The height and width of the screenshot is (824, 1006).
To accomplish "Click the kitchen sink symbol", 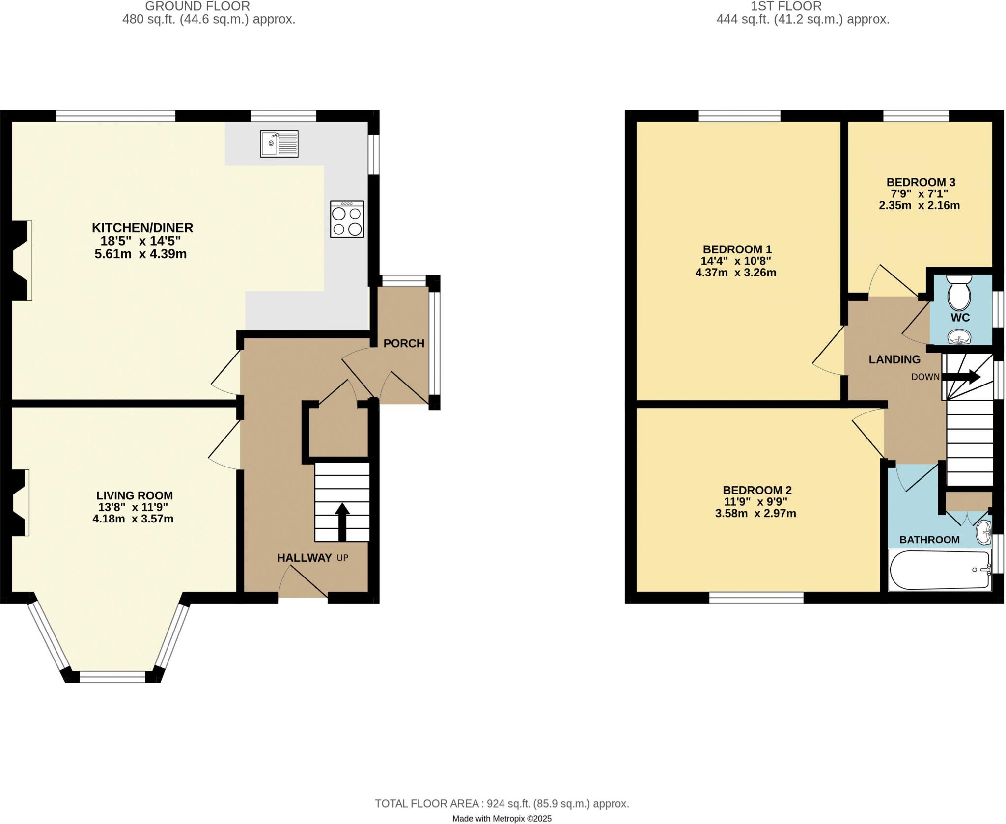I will tap(279, 144).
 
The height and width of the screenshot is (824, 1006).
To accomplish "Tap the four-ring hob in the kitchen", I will tap(347, 219).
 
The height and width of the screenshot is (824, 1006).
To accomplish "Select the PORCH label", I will tap(404, 343).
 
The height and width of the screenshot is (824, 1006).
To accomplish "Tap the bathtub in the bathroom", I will tap(940, 570).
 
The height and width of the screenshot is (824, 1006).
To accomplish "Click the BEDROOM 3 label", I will tap(921, 182).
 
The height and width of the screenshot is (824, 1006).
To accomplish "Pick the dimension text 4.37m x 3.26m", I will tap(735, 273).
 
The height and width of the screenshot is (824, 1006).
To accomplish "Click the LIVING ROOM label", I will tap(135, 495).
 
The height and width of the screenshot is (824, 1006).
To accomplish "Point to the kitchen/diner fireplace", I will tap(21, 260).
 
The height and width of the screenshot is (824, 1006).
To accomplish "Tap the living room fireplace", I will tap(20, 502).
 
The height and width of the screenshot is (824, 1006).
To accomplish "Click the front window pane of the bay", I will tap(112, 677).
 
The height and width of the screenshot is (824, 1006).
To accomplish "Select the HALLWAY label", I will tap(304, 557).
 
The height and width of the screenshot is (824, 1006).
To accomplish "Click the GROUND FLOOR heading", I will tap(197, 6).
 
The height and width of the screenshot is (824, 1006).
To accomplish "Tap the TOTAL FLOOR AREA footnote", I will tap(502, 803).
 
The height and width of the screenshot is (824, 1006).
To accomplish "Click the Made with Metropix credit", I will tap(502, 818).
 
